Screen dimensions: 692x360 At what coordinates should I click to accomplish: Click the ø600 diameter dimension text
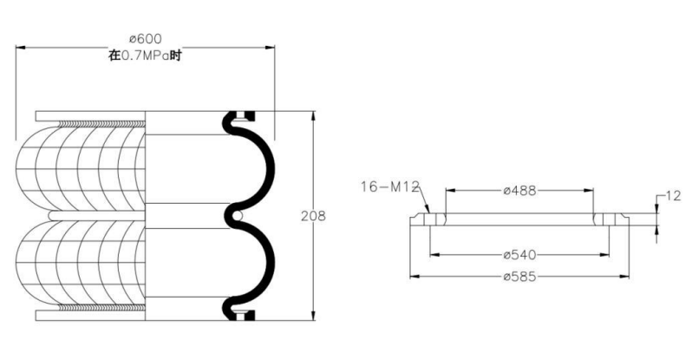pyautogui.click(x=145, y=39)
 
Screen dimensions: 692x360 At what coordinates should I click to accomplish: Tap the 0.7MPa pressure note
pyautogui.click(x=145, y=56)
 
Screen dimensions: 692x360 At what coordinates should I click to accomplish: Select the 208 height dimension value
pyautogui.click(x=313, y=216)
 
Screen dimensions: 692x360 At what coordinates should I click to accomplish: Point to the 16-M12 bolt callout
pyautogui.click(x=389, y=187)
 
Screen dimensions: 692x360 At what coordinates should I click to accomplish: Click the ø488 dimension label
pyautogui.click(x=519, y=191)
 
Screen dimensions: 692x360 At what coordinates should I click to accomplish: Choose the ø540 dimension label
pyautogui.click(x=519, y=255)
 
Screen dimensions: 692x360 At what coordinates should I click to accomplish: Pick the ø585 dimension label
pyautogui.click(x=519, y=277)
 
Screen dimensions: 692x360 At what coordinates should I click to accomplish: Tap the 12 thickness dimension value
pyautogui.click(x=673, y=196)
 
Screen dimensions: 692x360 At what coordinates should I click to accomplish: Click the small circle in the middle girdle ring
pyautogui.click(x=237, y=217)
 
